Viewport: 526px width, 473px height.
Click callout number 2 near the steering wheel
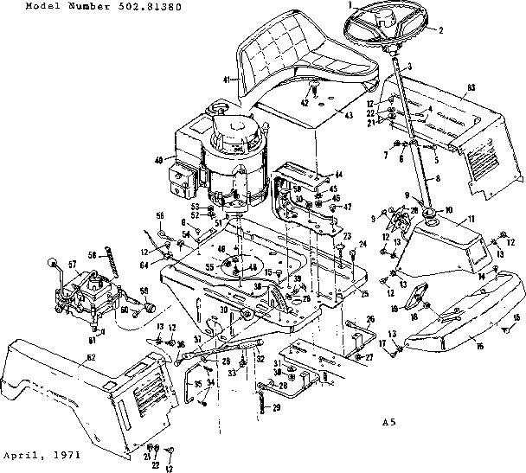coord(440,30)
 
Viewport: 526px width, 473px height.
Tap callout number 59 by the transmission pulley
coord(144,291)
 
